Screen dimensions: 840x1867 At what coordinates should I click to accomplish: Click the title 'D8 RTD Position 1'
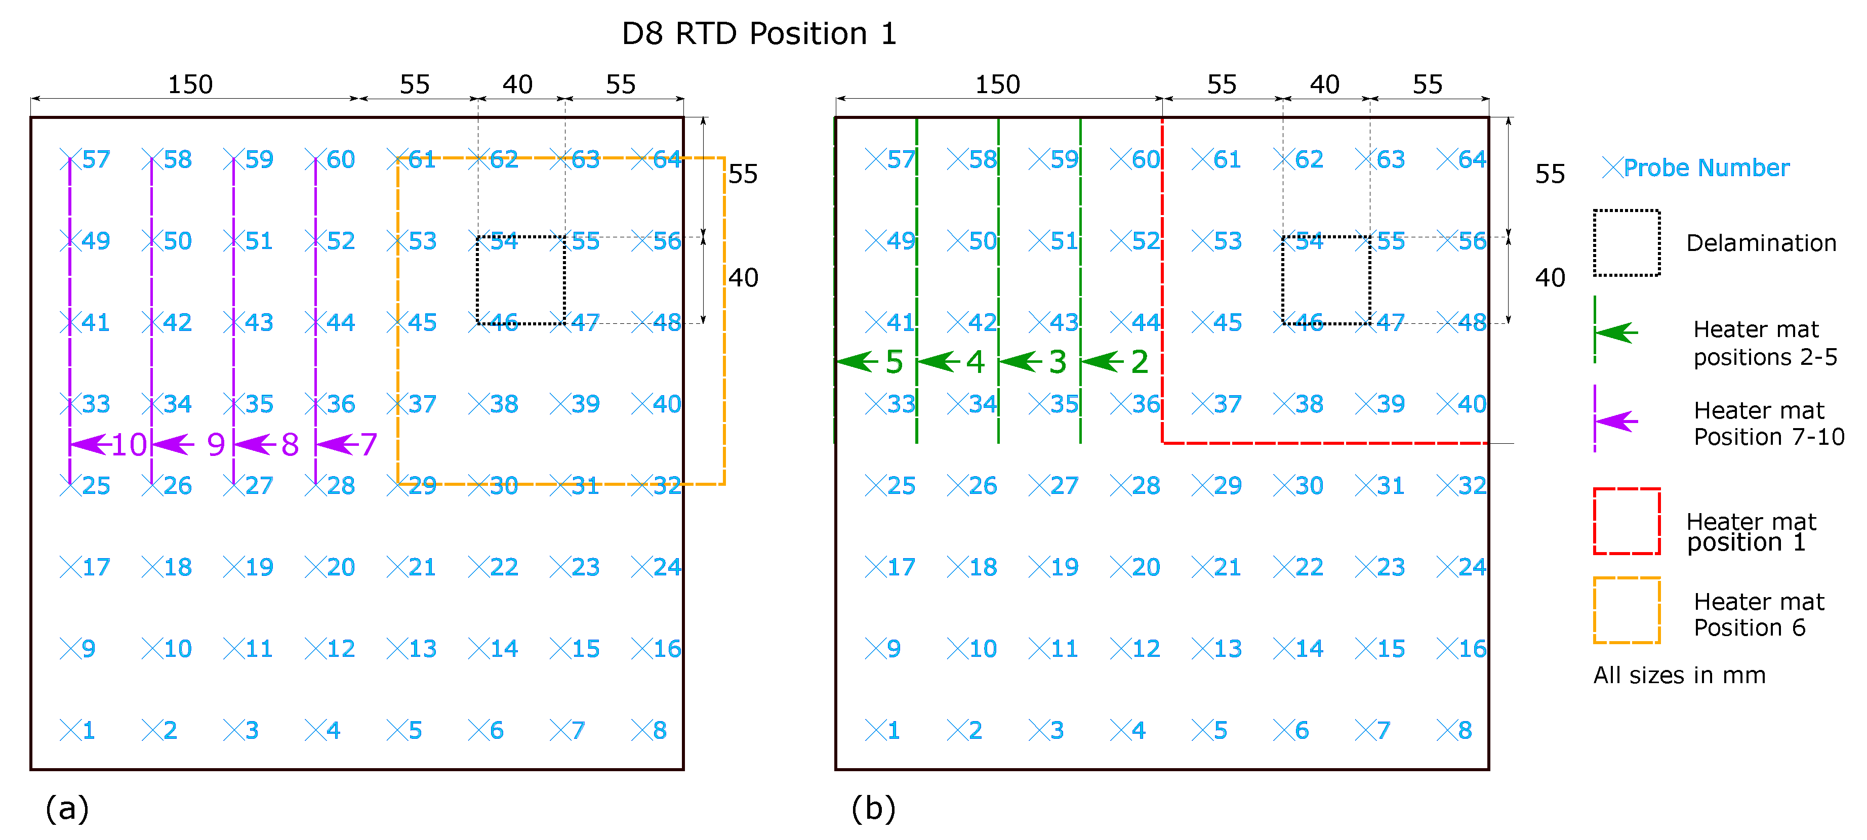click(759, 34)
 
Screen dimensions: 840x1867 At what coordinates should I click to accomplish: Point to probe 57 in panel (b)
click(891, 159)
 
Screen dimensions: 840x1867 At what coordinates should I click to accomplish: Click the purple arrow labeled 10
click(91, 444)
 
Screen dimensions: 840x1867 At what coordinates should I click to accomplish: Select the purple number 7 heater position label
click(369, 444)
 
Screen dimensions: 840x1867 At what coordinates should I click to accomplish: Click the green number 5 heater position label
click(895, 362)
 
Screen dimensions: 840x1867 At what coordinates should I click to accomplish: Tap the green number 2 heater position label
click(1140, 362)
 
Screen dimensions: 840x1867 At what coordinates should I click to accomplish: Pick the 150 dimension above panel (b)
click(997, 85)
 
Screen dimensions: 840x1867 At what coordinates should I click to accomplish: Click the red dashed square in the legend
click(1627, 522)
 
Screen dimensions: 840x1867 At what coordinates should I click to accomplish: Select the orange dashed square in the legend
click(1627, 610)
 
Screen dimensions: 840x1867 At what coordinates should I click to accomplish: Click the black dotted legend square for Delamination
click(1627, 243)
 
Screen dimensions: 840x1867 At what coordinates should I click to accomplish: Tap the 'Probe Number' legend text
click(1706, 168)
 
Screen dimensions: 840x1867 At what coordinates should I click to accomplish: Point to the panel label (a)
click(67, 808)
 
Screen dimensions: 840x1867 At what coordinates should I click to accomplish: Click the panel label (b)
click(873, 808)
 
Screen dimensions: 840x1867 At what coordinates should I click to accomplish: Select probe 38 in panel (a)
click(494, 404)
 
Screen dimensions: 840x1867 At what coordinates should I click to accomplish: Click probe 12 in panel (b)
click(1135, 649)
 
